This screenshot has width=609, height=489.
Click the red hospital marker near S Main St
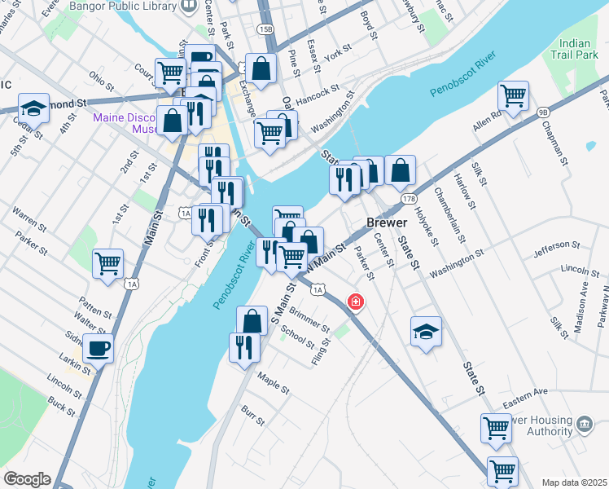(x=355, y=302)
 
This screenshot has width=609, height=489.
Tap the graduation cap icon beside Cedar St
(x=33, y=108)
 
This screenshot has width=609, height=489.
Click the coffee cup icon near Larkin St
(x=98, y=349)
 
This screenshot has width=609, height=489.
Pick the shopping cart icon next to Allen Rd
(x=513, y=95)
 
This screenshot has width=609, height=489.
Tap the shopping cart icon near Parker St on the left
(x=107, y=263)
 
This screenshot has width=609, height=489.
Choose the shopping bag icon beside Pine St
(x=262, y=69)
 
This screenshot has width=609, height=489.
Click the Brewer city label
(x=385, y=222)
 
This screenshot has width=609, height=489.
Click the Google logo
(x=27, y=479)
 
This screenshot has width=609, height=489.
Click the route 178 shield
(x=410, y=198)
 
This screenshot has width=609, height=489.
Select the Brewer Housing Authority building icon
(x=584, y=425)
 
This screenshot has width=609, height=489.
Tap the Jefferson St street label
(x=557, y=244)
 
